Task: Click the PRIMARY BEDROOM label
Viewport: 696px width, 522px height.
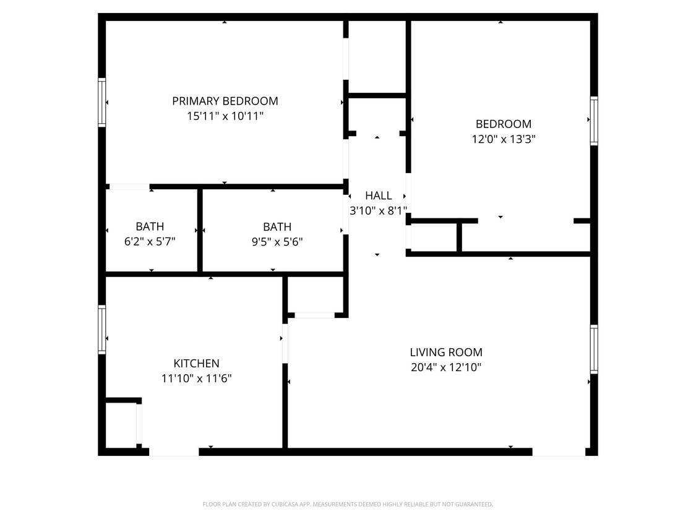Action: click(x=225, y=101)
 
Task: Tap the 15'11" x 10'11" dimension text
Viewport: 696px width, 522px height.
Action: click(x=225, y=116)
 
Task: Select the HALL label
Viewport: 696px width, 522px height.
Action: click(x=378, y=195)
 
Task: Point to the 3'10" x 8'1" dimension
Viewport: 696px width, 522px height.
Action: click(x=378, y=210)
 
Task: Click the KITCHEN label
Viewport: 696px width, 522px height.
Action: click(x=196, y=364)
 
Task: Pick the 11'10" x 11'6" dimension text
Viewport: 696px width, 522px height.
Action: click(x=196, y=379)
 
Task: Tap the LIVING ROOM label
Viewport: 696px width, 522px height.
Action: click(x=445, y=353)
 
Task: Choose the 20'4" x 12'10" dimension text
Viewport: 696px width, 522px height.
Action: click(x=445, y=367)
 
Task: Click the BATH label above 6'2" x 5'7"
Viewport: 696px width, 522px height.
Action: click(x=150, y=227)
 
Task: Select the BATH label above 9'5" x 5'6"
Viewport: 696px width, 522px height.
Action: click(x=277, y=227)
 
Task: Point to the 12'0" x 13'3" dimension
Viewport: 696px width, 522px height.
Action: click(x=503, y=139)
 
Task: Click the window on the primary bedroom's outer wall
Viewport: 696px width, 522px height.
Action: click(x=102, y=103)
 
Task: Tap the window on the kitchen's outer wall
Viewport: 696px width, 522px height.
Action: click(x=102, y=330)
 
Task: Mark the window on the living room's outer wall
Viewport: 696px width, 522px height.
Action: click(x=594, y=349)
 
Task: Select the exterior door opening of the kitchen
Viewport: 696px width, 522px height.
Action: click(x=174, y=452)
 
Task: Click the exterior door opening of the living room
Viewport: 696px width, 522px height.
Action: click(x=559, y=452)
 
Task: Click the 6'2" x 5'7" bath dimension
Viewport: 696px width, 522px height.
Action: click(x=150, y=242)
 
